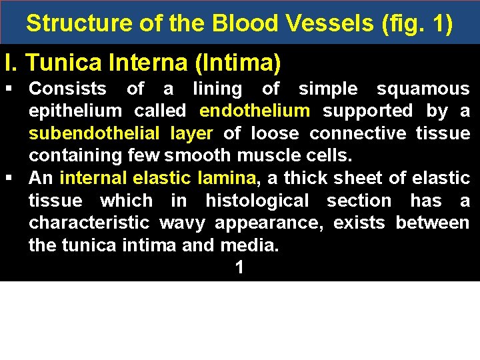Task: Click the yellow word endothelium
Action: click(255, 111)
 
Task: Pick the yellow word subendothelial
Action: click(94, 133)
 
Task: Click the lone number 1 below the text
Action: click(239, 268)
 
